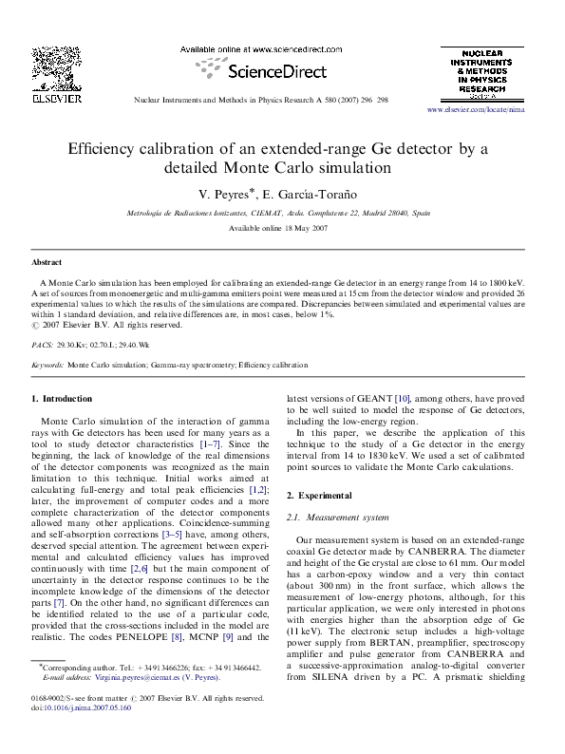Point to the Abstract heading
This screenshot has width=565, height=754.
[47, 260]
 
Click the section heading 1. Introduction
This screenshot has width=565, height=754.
[63, 398]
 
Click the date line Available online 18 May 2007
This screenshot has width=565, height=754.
[282, 229]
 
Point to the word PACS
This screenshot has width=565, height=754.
[42, 342]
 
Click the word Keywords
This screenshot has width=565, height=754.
[48, 364]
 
